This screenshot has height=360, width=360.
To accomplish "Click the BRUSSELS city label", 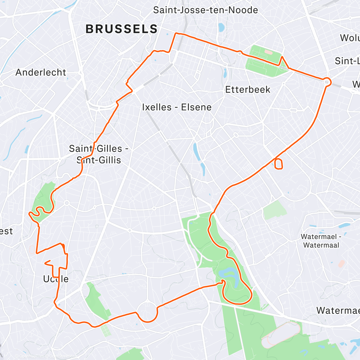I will coord(121,29).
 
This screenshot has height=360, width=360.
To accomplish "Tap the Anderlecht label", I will coord(41,72).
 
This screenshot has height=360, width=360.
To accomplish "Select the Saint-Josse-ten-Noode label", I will coord(205,10).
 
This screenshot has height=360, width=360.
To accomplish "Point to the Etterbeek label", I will coord(248,89).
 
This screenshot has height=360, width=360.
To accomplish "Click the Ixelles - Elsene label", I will coord(177,107).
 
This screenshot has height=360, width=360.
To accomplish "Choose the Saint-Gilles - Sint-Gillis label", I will coord(99,154).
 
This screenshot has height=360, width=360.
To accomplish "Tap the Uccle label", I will coord(56,279).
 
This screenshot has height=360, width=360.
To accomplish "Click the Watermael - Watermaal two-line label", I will coord(321,241).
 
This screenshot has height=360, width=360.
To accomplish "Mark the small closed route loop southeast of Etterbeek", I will coord(279,164).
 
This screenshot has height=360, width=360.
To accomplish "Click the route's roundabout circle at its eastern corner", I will coord(327,82).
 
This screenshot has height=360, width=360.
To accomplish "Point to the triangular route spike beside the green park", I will coord(282,61).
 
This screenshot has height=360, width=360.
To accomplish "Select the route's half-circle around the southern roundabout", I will coord(147,315).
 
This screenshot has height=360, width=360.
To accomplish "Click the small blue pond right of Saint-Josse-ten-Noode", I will coord(221,28).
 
